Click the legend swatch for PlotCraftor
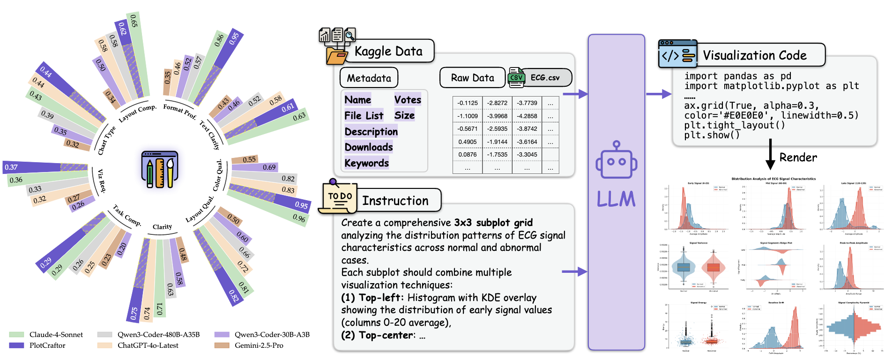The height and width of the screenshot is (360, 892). click(x=16, y=345)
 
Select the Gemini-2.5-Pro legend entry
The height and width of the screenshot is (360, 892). click(x=259, y=345)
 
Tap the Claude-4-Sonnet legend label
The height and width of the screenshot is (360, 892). click(x=56, y=335)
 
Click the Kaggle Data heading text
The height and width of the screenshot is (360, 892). click(x=388, y=51)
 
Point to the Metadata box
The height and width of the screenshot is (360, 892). click(x=369, y=78)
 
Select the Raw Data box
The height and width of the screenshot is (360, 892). click(x=472, y=78)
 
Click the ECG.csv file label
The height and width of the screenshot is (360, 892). click(x=545, y=78)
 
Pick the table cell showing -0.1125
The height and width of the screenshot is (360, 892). click(x=468, y=103)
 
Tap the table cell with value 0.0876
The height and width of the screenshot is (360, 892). click(x=468, y=154)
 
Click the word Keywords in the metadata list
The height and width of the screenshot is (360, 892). click(x=366, y=163)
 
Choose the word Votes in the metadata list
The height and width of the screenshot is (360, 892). click(x=408, y=100)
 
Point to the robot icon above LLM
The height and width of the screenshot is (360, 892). click(x=616, y=161)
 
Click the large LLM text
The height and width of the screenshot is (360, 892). click(x=616, y=199)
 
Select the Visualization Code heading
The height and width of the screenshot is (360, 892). click(x=754, y=55)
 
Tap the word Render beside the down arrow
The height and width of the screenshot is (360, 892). click(x=798, y=157)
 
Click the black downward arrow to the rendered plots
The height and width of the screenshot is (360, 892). click(x=770, y=155)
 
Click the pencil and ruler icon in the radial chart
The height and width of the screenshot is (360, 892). click(x=160, y=169)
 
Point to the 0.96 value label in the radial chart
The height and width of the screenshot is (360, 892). click(x=299, y=218)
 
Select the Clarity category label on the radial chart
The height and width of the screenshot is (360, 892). click(x=162, y=227)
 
